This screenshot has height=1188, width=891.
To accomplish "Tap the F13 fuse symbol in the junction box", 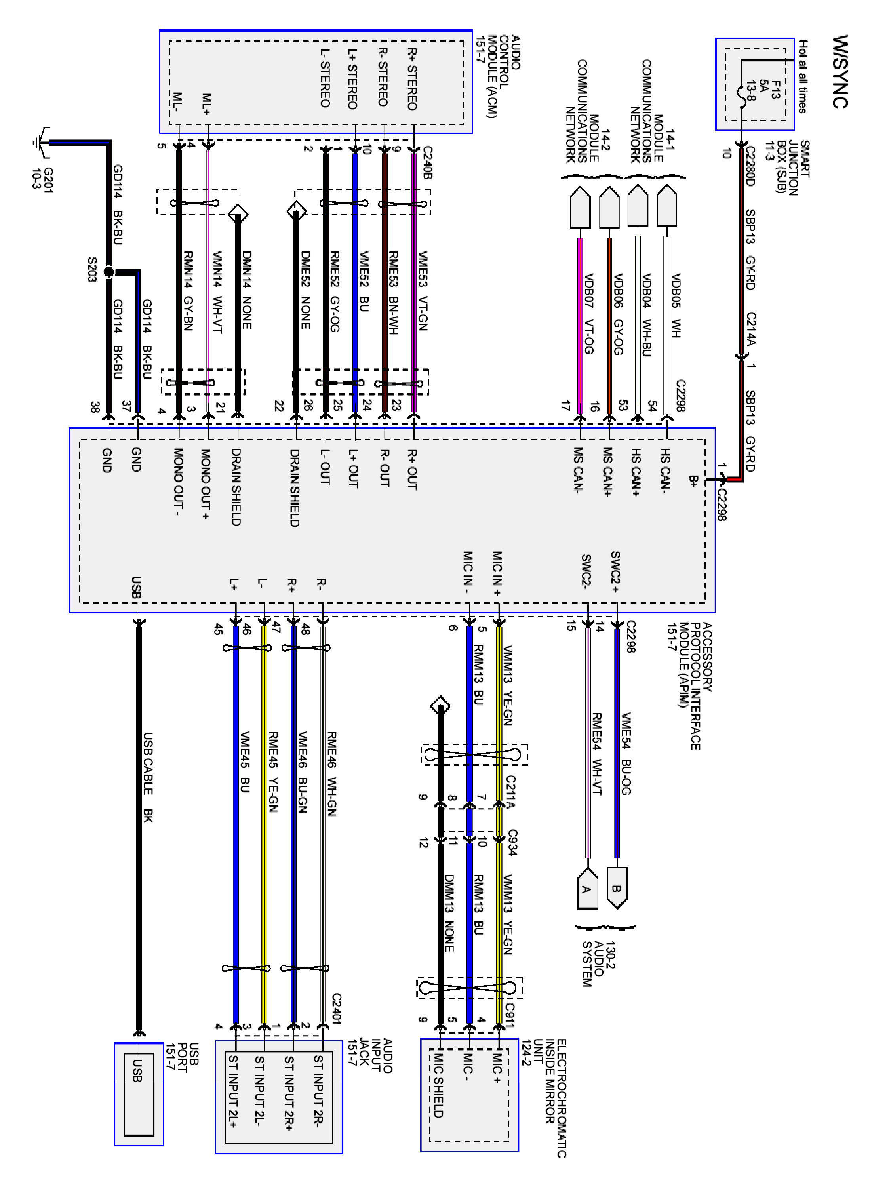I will tap(742, 97).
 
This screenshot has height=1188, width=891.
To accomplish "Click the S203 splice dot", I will tap(109, 272).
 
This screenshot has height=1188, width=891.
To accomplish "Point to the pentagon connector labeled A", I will tap(587, 889).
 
